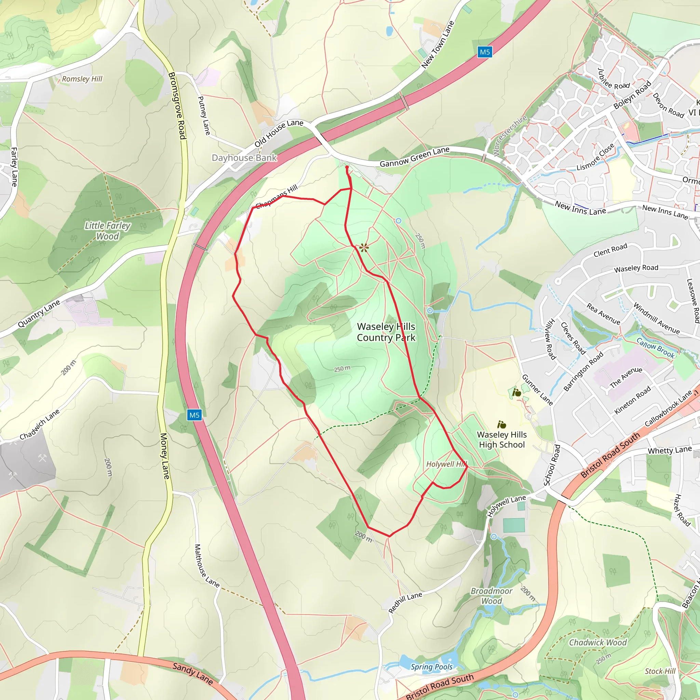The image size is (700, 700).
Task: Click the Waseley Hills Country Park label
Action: click(x=386, y=332)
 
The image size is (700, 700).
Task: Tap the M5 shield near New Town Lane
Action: click(x=484, y=52)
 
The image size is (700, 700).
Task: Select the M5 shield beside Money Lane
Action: click(x=194, y=415)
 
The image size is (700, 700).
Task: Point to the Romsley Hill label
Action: click(x=82, y=79)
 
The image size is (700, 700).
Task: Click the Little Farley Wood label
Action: click(x=107, y=231)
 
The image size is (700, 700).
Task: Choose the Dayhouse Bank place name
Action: click(x=244, y=158)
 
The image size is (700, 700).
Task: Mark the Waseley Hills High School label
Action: click(x=501, y=440)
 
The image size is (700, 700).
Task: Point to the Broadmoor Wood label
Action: click(x=491, y=596)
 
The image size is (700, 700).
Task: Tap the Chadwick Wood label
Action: click(x=597, y=642)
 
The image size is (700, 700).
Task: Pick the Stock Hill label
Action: click(x=660, y=671)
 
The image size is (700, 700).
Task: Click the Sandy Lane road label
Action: click(x=192, y=673)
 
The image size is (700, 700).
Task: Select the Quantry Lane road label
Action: click(x=39, y=314)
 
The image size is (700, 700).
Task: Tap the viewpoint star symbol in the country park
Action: click(x=364, y=248)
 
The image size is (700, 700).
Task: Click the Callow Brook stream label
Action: click(x=656, y=348)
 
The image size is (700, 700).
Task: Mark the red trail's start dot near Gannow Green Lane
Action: click(x=347, y=167)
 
